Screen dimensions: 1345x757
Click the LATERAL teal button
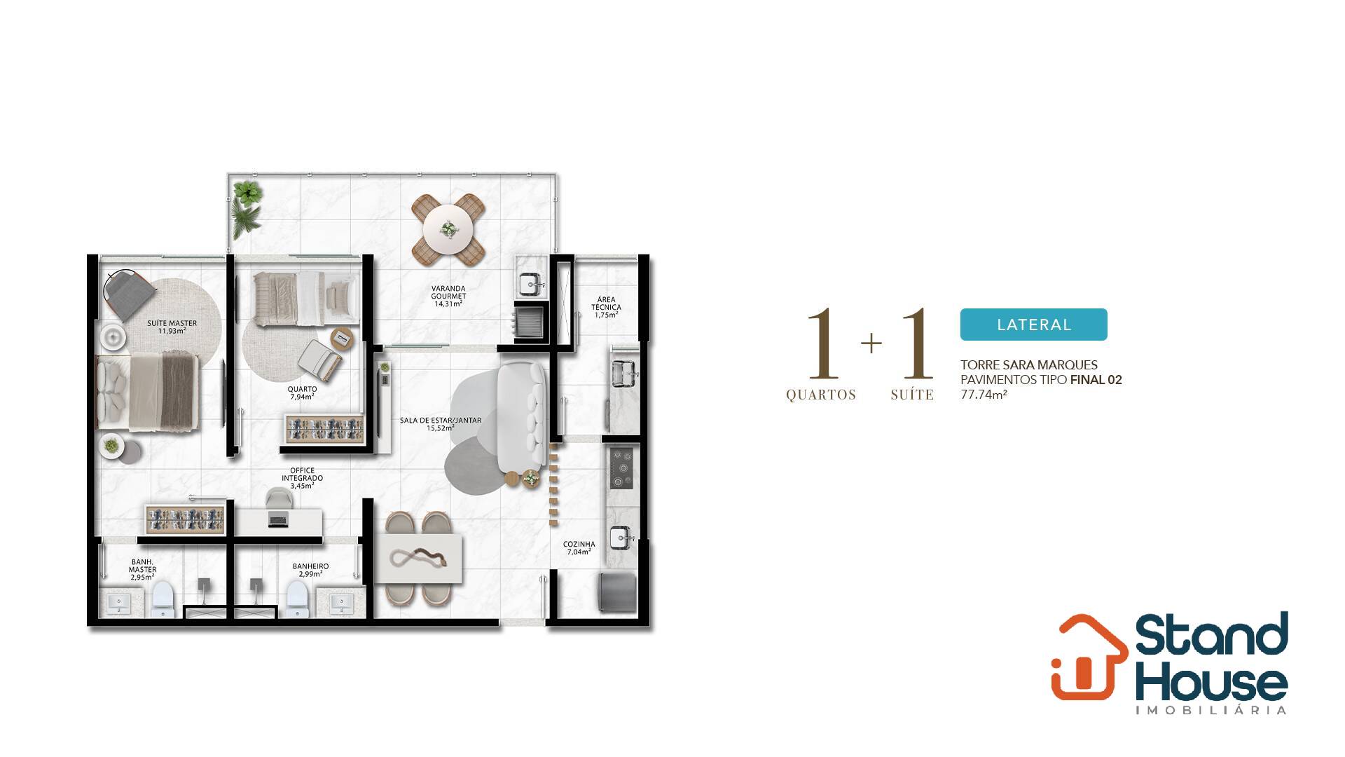pyautogui.click(x=1033, y=325)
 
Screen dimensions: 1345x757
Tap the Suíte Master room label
pyautogui.click(x=172, y=327)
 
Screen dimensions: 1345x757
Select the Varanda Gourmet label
pyautogui.click(x=448, y=296)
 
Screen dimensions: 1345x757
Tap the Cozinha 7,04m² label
pyautogui.click(x=579, y=547)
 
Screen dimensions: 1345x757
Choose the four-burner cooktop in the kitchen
pyautogui.click(x=621, y=468)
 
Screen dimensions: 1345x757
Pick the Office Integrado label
pyautogui.click(x=303, y=478)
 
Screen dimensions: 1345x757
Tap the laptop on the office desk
pyautogui.click(x=277, y=520)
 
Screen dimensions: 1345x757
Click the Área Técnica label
pyautogui.click(x=606, y=307)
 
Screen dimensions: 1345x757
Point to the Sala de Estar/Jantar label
pyautogui.click(x=441, y=424)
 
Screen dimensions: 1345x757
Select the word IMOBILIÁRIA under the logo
pyautogui.click(x=1211, y=710)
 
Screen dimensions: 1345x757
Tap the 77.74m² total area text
pyautogui.click(x=984, y=395)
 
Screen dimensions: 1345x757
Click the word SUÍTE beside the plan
pyautogui.click(x=912, y=395)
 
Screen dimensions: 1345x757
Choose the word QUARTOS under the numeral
pyautogui.click(x=821, y=395)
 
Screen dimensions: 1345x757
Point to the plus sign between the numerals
pyautogui.click(x=871, y=343)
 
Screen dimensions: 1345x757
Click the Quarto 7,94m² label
pyautogui.click(x=303, y=393)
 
